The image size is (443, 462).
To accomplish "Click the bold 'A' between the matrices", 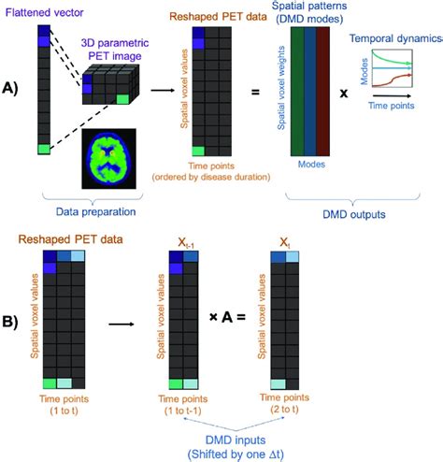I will coord(226,318).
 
